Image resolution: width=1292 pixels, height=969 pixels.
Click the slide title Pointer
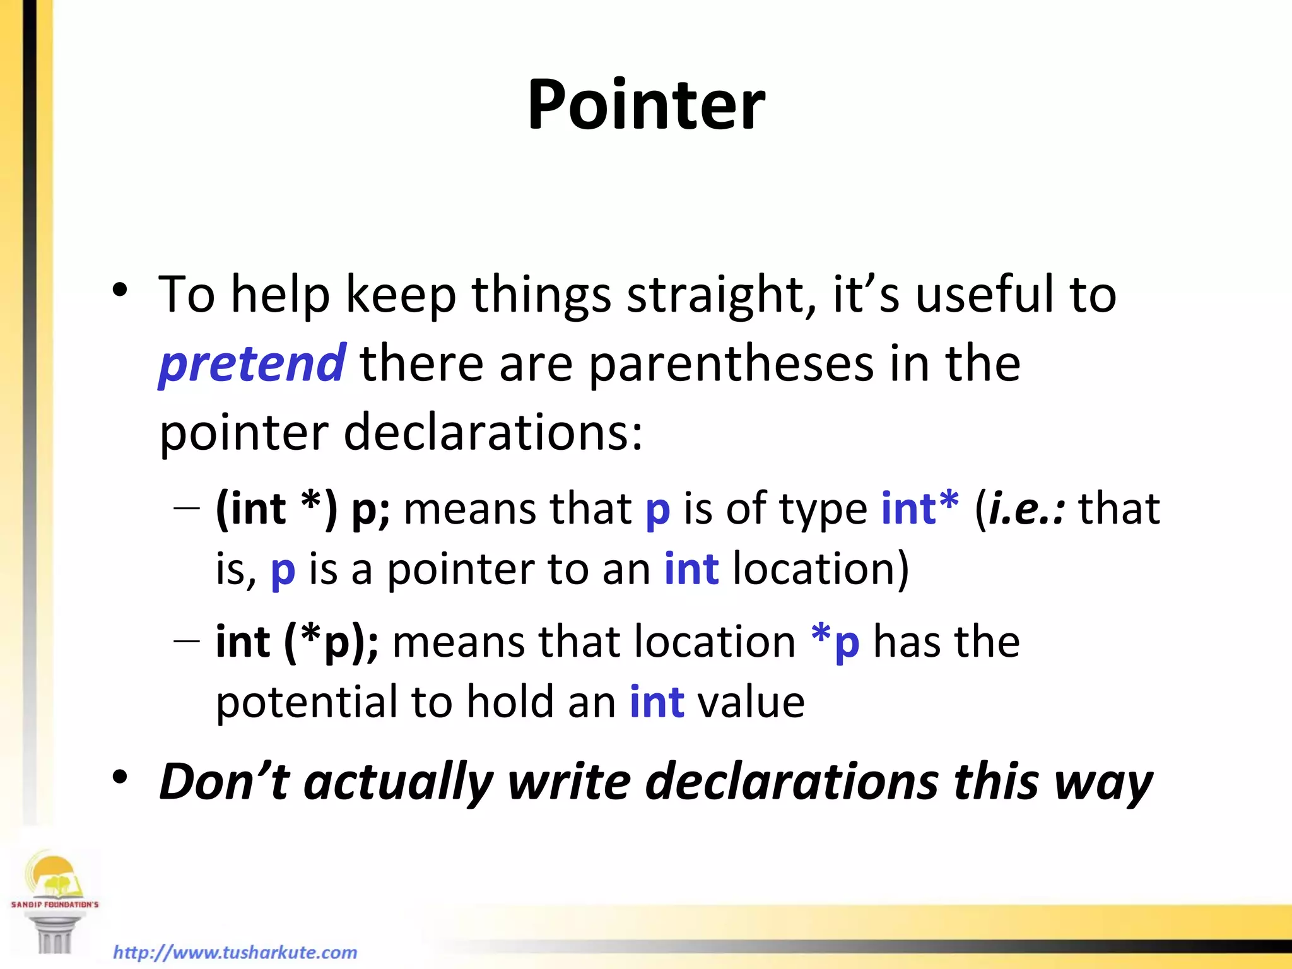[646, 105]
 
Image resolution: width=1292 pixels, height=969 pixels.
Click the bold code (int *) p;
[303, 508]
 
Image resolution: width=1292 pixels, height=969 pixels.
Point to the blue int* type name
[920, 508]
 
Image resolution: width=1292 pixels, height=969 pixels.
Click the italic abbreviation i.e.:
[1027, 508]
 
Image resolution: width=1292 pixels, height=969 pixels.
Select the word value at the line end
[751, 702]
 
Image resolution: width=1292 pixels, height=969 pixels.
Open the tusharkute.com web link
[235, 952]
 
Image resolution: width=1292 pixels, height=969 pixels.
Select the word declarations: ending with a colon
[493, 433]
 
